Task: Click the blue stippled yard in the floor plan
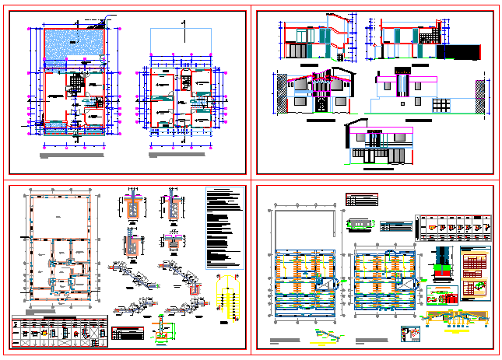click(x=74, y=42)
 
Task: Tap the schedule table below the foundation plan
click(x=59, y=330)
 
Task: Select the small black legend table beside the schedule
click(x=128, y=334)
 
